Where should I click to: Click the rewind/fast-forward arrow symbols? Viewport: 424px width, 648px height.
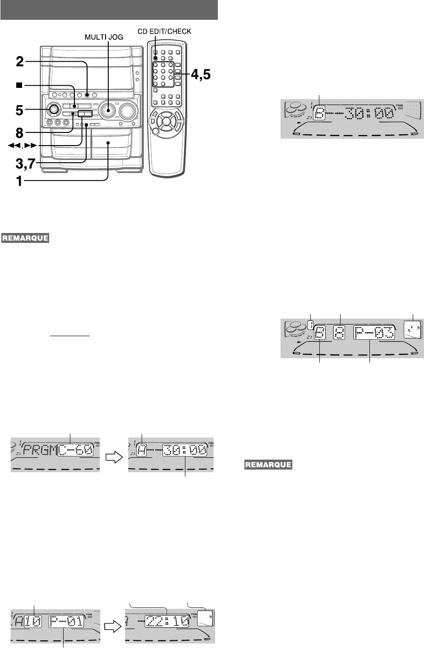[x=18, y=146]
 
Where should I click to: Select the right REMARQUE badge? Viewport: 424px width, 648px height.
[x=267, y=464]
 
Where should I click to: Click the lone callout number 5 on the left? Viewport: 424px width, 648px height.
[x=19, y=109]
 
